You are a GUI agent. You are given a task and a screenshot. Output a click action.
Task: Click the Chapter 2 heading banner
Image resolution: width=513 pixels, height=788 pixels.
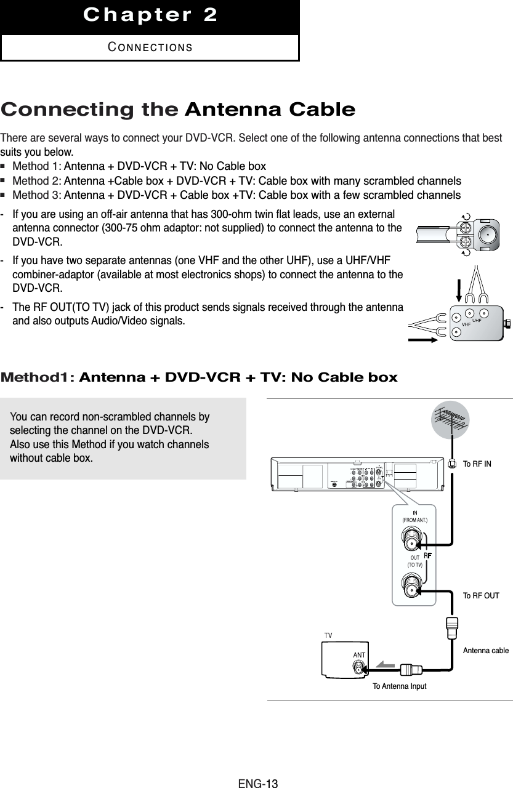(x=150, y=15)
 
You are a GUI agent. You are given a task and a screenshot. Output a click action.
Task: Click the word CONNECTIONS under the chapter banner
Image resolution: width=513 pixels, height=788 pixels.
(x=150, y=47)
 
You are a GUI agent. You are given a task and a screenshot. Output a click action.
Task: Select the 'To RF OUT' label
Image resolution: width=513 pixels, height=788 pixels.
(x=480, y=596)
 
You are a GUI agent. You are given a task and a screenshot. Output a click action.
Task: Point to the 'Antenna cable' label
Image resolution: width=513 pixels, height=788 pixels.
(x=486, y=649)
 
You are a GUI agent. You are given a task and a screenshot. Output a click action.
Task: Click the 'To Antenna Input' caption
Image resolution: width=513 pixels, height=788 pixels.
(x=399, y=686)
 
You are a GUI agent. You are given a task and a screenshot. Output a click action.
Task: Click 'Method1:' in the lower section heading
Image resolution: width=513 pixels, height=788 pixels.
(x=38, y=377)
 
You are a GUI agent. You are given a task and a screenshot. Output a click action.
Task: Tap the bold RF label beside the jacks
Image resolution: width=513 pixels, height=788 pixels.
(x=426, y=556)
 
